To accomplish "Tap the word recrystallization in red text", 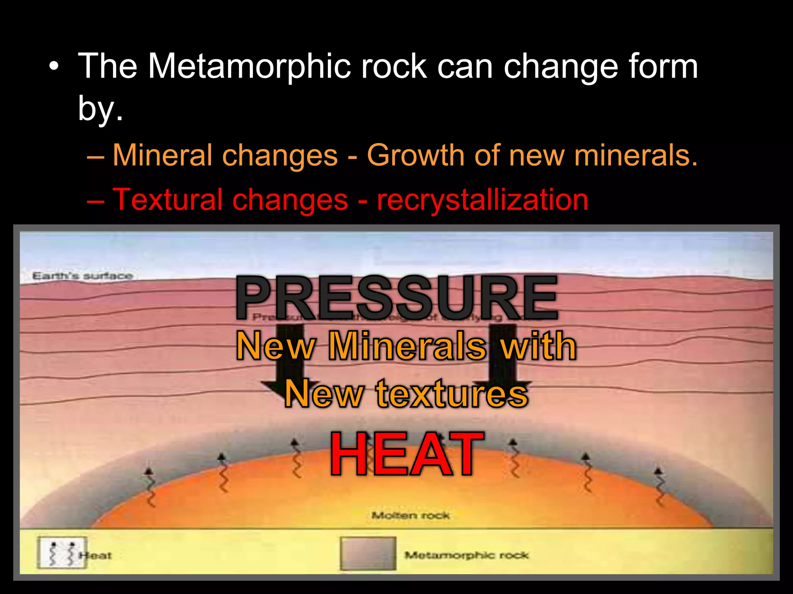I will [x=482, y=200].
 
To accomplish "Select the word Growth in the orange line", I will [x=415, y=155].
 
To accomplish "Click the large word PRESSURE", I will [x=397, y=298].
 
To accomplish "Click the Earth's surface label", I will [x=82, y=276].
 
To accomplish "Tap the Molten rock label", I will [x=410, y=515].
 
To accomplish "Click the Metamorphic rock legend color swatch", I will [x=368, y=554].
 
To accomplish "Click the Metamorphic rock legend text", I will [x=467, y=555].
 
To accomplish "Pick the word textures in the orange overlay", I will [x=452, y=394].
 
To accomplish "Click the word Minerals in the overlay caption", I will [x=407, y=346].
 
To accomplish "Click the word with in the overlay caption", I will [x=538, y=346].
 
